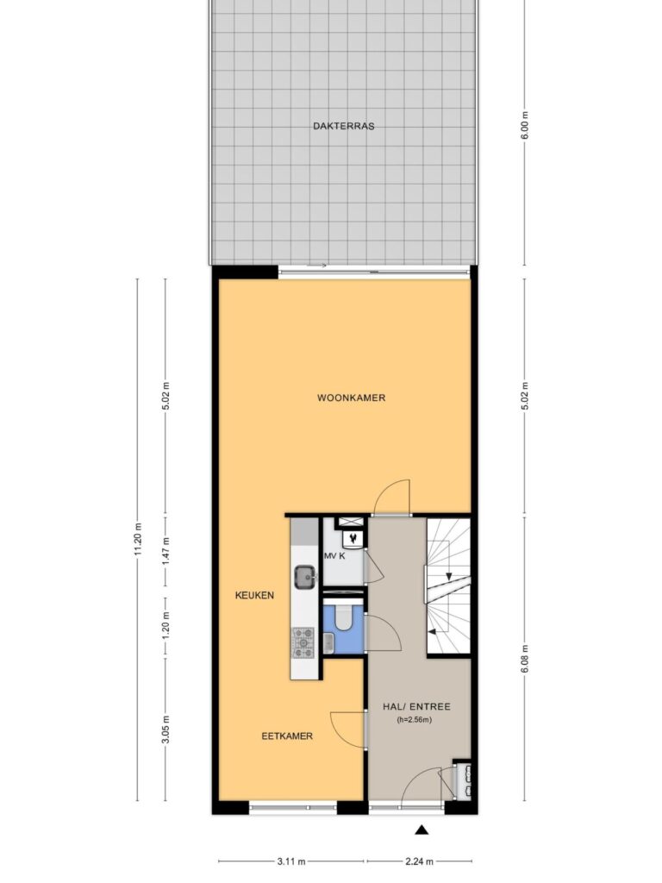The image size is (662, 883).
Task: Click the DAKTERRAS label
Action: [x=343, y=126]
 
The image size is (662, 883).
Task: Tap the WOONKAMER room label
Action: [x=352, y=398]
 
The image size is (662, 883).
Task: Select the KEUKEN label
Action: [x=254, y=595]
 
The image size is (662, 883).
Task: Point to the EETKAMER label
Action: [x=287, y=736]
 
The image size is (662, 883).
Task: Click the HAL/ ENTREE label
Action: [x=416, y=707]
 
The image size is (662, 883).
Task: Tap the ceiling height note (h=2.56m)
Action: [x=415, y=720]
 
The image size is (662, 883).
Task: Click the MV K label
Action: [x=335, y=556]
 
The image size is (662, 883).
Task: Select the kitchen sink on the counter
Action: [x=305, y=577]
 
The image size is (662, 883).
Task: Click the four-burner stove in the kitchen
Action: [x=303, y=642]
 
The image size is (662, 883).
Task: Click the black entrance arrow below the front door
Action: [x=422, y=830]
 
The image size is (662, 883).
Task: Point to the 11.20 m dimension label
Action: [x=138, y=540]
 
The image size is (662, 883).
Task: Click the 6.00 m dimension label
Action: [x=525, y=125]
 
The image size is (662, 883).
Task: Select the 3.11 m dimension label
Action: [x=291, y=861]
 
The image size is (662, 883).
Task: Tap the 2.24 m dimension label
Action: [x=420, y=861]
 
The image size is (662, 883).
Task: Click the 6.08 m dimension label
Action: [x=525, y=658]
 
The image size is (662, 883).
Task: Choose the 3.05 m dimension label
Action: [x=165, y=730]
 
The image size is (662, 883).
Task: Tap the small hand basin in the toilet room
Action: [x=328, y=642]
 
